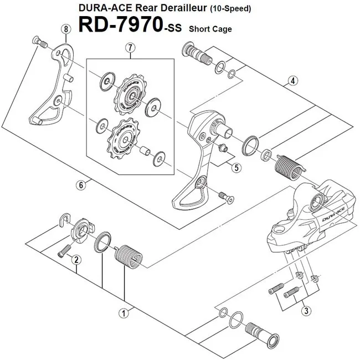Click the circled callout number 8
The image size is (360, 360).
click(x=66, y=29)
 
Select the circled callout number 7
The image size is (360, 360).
click(x=130, y=48)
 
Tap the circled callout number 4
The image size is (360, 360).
click(x=292, y=81)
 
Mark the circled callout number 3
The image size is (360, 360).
click(x=305, y=311)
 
